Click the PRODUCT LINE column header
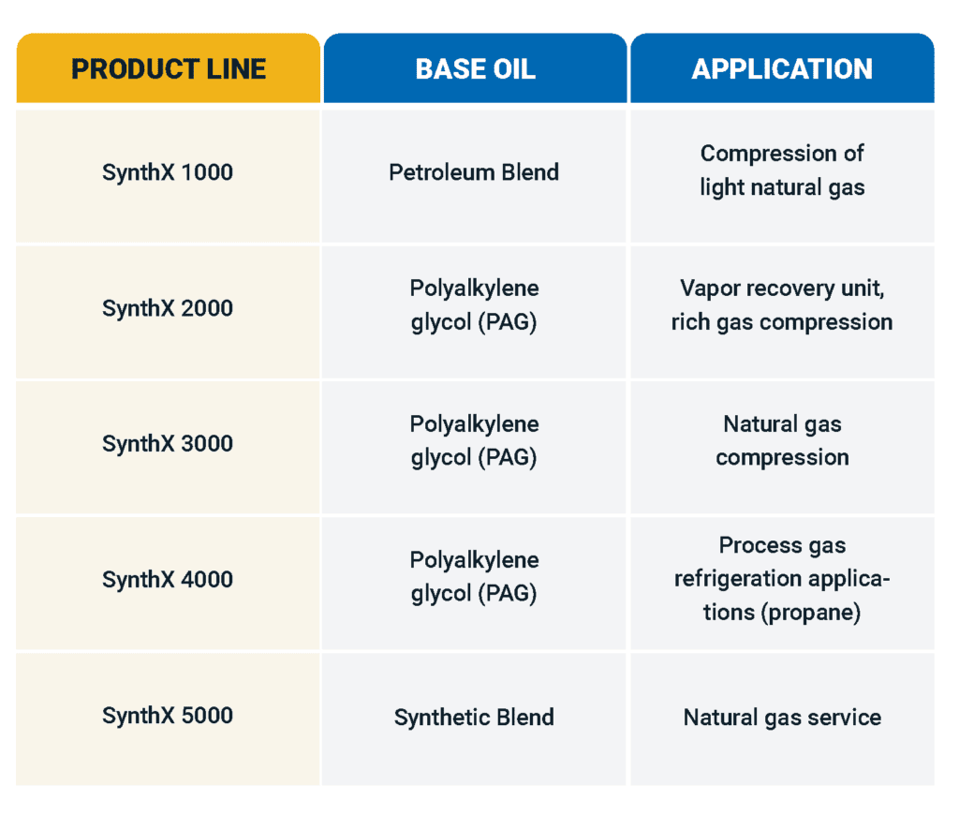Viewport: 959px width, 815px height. point(169,68)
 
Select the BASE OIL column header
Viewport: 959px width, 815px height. point(475,68)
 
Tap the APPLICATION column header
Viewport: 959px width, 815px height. point(782,68)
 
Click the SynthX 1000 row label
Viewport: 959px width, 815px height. point(168,172)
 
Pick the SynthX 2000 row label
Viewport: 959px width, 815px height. point(168,308)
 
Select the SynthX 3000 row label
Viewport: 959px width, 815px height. point(168,444)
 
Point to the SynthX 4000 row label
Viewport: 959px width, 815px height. point(168,580)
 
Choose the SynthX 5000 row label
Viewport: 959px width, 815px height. point(168,716)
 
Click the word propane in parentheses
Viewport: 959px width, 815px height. point(811,613)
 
